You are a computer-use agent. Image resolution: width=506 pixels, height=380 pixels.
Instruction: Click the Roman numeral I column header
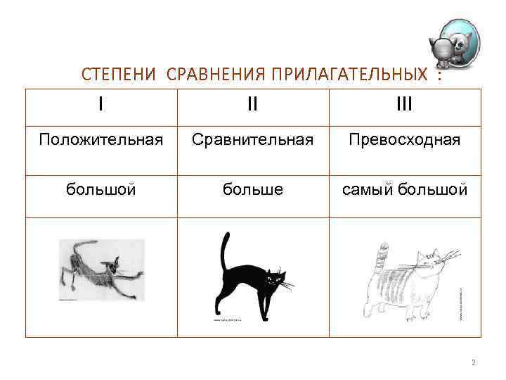pos(101,105)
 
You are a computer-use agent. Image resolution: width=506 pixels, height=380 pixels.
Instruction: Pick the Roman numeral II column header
pos(252,105)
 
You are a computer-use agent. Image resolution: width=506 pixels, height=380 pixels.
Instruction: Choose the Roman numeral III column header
pos(404,105)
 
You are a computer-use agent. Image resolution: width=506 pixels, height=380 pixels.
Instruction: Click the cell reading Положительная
pos(101,140)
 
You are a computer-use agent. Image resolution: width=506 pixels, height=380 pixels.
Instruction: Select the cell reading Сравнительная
pos(252,140)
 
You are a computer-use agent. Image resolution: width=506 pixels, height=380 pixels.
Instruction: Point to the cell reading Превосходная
pos(404,140)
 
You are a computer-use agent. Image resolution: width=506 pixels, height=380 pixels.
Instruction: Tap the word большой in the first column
pos(101,190)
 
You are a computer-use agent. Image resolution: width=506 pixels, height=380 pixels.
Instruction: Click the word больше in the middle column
pos(252,190)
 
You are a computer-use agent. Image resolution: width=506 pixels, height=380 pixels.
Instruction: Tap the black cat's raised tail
pos(224,250)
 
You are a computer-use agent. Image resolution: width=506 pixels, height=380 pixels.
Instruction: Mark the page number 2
pos(473,362)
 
